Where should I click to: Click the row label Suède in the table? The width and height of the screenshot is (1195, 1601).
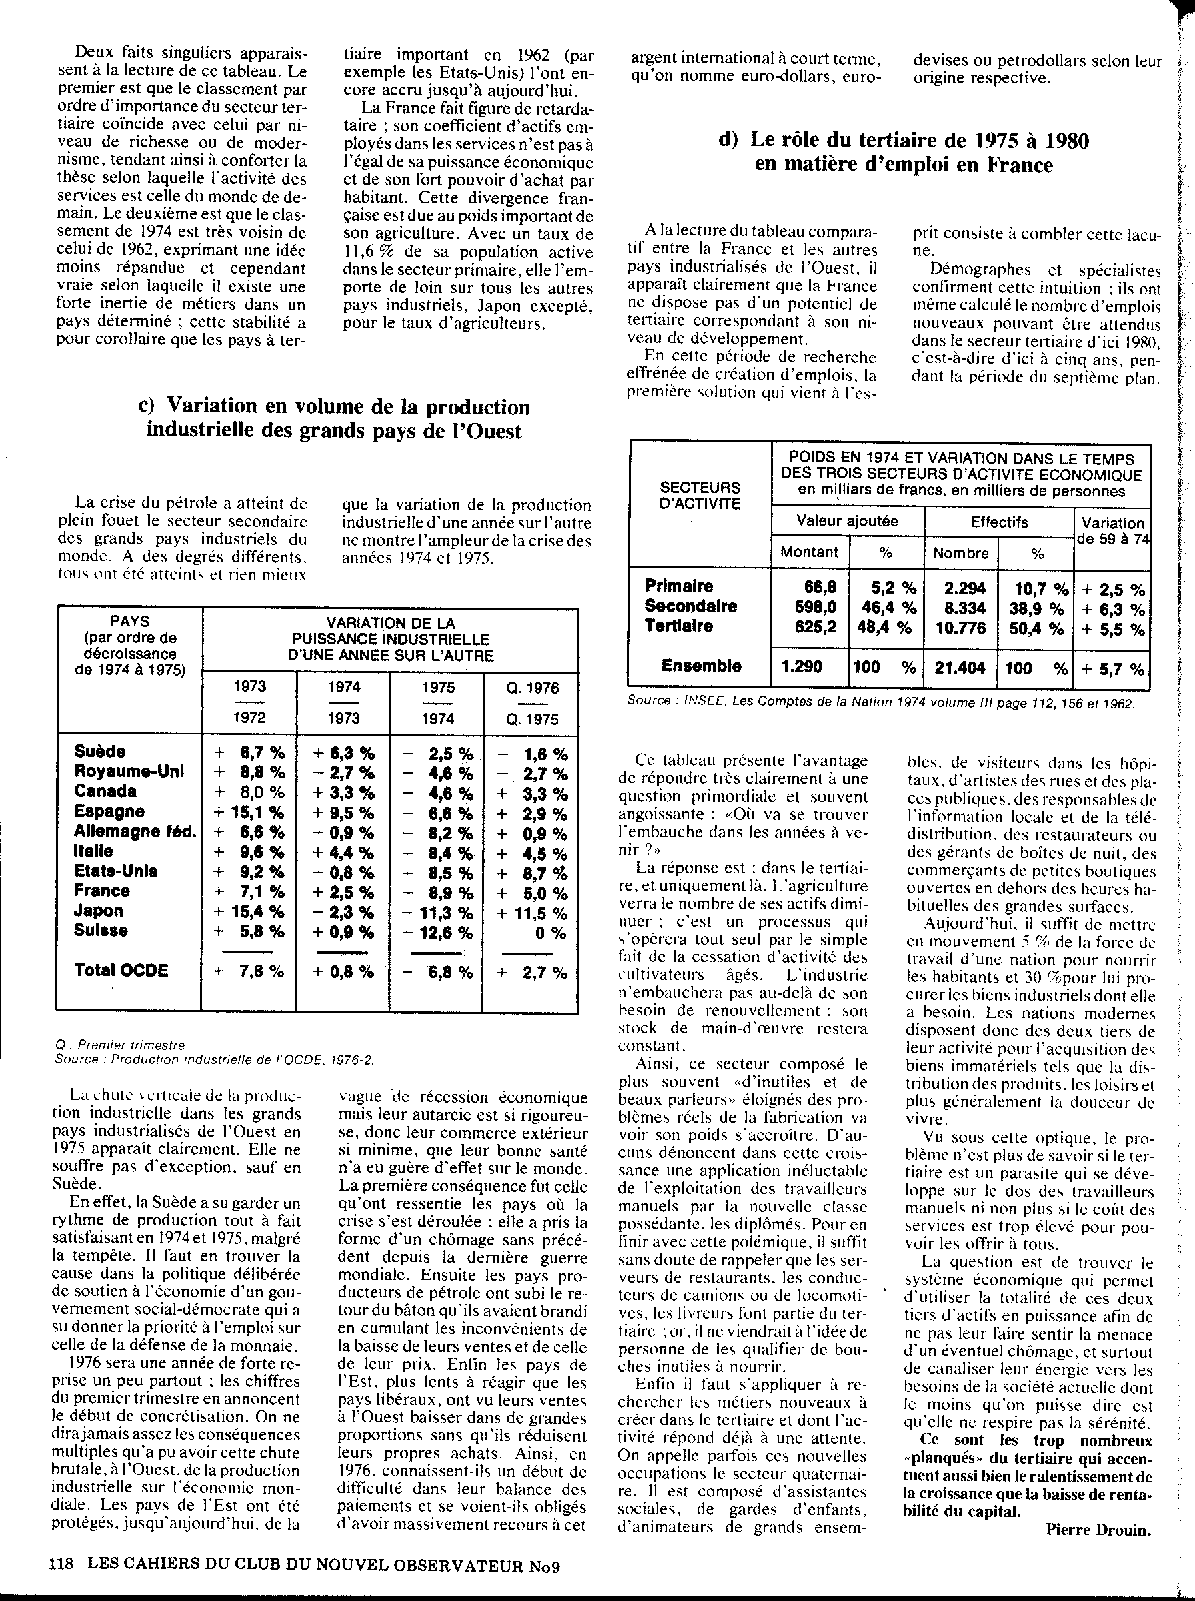pos(100,752)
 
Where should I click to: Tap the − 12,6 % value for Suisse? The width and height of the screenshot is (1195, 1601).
pos(437,933)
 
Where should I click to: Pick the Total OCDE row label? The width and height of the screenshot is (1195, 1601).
pos(121,970)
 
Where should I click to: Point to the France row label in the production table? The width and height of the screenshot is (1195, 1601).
pos(102,891)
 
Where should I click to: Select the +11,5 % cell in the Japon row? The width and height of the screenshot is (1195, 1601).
pos(531,913)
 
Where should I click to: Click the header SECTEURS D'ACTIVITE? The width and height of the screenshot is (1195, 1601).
pos(700,495)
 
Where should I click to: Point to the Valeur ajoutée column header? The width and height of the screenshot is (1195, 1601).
pos(847,521)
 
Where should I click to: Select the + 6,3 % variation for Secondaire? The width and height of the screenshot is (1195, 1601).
pos(1113,608)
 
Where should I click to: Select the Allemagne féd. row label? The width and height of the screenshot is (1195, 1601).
pos(135,831)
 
